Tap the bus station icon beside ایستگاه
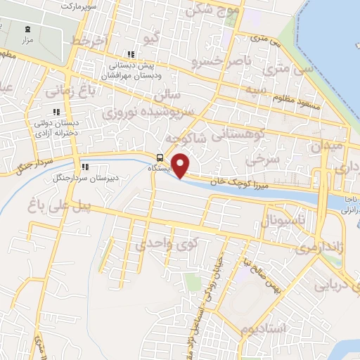pos(160,157)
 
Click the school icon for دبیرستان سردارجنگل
pos(86,167)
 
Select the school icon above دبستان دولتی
pos(56,111)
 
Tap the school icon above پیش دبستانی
pos(130,55)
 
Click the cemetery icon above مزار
pos(27,30)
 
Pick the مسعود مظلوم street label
pos(293,104)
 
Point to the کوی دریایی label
pos(336,285)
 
